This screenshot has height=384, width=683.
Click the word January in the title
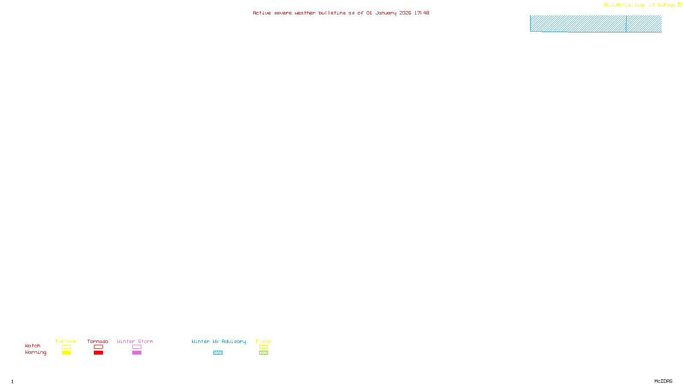(385, 13)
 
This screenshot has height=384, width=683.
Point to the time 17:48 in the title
(421, 13)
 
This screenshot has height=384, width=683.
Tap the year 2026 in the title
(405, 13)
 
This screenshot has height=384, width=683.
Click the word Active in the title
(261, 13)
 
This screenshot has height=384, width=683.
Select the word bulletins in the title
(332, 13)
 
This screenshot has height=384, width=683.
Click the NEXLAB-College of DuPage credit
(639, 5)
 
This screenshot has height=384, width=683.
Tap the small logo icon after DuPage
(679, 5)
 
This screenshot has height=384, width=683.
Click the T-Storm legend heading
(66, 341)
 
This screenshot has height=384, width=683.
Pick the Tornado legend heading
(98, 341)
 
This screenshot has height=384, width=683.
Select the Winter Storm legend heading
(135, 341)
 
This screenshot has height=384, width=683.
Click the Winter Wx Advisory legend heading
(219, 341)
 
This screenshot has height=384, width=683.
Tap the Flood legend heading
(263, 341)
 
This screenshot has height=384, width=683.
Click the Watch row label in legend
(33, 346)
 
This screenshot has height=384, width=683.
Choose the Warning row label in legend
(35, 352)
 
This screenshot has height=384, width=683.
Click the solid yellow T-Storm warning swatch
(66, 353)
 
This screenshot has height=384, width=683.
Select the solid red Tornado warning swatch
(98, 353)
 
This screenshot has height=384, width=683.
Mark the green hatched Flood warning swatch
(263, 353)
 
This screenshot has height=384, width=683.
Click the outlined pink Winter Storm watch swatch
(137, 347)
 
